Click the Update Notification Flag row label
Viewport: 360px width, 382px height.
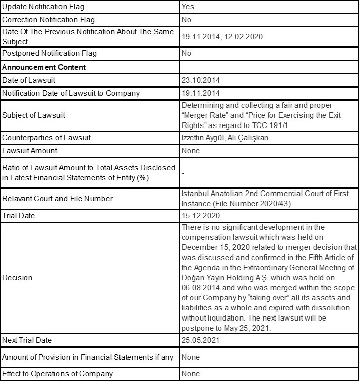pyautogui.click(x=43, y=7)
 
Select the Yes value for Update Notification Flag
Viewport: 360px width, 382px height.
pyautogui.click(x=188, y=7)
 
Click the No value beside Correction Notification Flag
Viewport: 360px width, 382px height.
pyautogui.click(x=186, y=20)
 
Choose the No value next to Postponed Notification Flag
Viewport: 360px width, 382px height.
pyautogui.click(x=186, y=53)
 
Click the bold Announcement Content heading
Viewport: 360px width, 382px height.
pyautogui.click(x=44, y=67)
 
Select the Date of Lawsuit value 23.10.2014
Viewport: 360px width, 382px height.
pyautogui.click(x=201, y=80)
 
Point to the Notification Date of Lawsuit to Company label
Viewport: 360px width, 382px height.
pyautogui.click(x=71, y=93)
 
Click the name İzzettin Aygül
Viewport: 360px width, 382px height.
pyautogui.click(x=204, y=137)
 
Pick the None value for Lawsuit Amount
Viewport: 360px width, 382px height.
pyautogui.click(x=190, y=150)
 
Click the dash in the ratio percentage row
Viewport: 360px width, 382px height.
pyautogui.click(x=183, y=173)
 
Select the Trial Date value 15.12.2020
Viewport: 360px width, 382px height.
pyautogui.click(x=201, y=216)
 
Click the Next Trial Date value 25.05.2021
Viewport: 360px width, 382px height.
pyautogui.click(x=201, y=340)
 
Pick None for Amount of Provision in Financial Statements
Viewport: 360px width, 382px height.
pyautogui.click(x=190, y=357)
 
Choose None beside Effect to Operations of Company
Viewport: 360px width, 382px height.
pyautogui.click(x=190, y=374)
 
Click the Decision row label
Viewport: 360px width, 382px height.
pyautogui.click(x=17, y=278)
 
